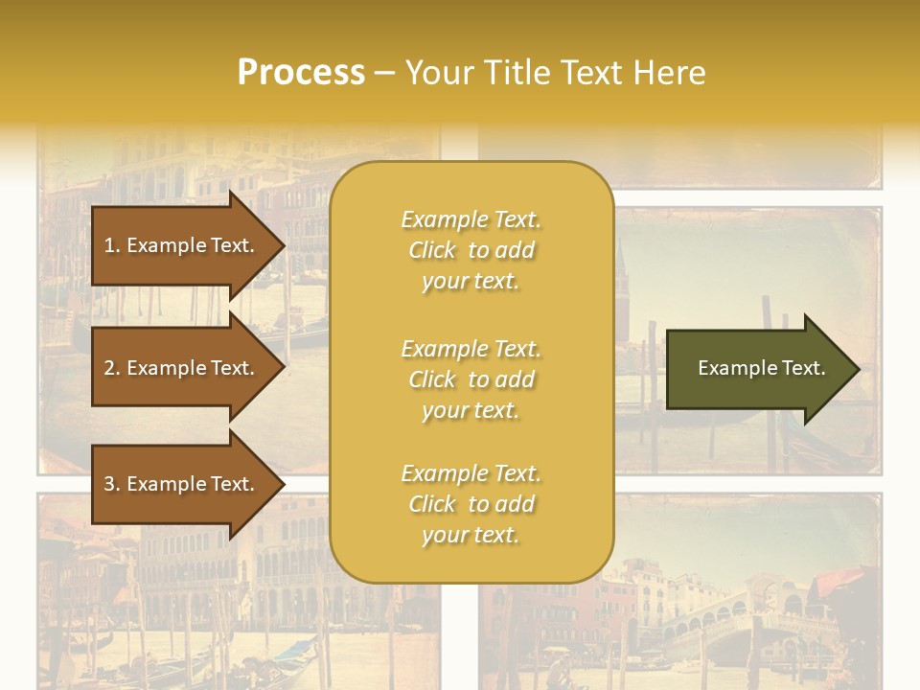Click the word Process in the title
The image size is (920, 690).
tap(301, 73)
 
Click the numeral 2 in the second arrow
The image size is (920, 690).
tap(109, 368)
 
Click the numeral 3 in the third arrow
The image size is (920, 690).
tap(109, 484)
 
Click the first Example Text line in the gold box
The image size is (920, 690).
tap(471, 219)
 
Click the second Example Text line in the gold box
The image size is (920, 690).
tap(471, 348)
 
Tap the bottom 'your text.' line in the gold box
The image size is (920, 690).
tap(471, 536)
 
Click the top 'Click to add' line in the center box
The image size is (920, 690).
tap(471, 250)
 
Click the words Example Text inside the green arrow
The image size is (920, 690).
tap(761, 368)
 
